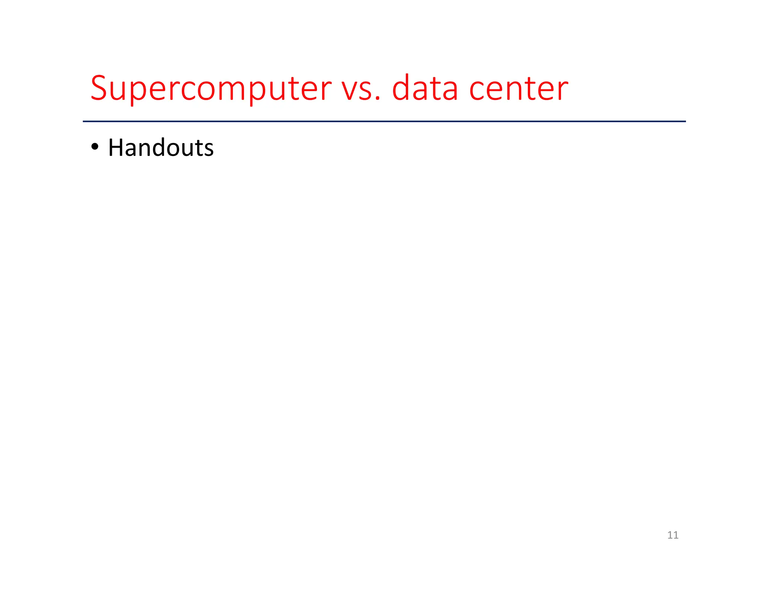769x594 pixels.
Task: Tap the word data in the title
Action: point(425,89)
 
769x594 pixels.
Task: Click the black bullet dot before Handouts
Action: point(95,147)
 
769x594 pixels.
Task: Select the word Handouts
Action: point(161,148)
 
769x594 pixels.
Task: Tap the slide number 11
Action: point(672,535)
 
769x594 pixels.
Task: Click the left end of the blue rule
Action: point(84,121)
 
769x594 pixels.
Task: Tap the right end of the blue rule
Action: point(685,121)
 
